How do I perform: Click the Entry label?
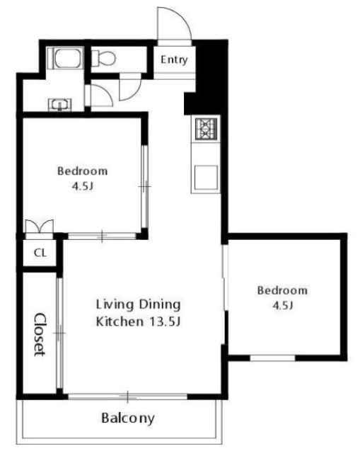tap(174, 59)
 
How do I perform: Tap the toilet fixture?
tap(103, 58)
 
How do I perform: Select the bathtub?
tap(67, 58)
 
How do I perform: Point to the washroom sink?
tap(59, 105)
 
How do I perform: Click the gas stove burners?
tap(206, 129)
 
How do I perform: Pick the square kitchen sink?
tap(206, 178)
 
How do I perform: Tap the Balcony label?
tap(128, 418)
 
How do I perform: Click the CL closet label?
tap(40, 253)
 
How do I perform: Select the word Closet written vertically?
tap(40, 335)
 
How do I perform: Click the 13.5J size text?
tap(164, 321)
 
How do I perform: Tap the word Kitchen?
tap(120, 321)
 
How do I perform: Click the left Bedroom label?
tap(83, 171)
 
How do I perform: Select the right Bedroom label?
tap(282, 290)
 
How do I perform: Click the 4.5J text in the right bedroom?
tap(283, 305)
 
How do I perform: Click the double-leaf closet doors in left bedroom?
tap(40, 226)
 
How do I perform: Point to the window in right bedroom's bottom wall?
tap(272, 358)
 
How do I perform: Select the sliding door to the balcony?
tap(127, 396)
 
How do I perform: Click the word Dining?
tap(160, 305)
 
